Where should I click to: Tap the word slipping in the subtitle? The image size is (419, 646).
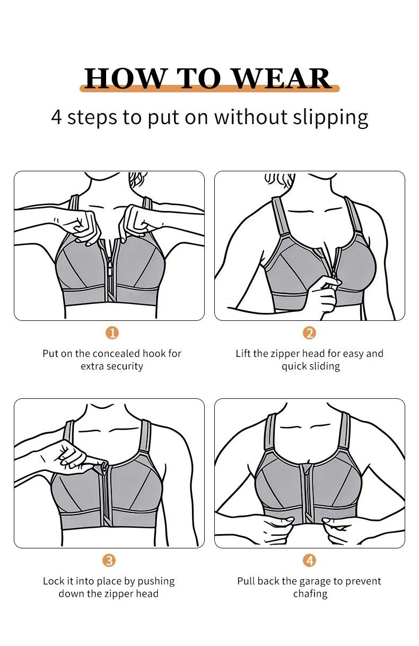(x=330, y=118)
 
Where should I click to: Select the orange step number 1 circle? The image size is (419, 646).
(x=112, y=333)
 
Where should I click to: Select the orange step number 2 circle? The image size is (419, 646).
(x=309, y=333)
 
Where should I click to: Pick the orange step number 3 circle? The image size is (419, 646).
(x=109, y=561)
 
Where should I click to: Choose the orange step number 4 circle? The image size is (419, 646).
(x=309, y=561)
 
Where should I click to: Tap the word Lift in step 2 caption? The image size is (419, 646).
(x=242, y=353)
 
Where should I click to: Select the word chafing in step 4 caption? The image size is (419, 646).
(x=310, y=594)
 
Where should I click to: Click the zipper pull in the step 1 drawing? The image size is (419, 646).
(x=110, y=272)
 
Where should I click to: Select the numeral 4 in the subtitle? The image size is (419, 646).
(x=57, y=117)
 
